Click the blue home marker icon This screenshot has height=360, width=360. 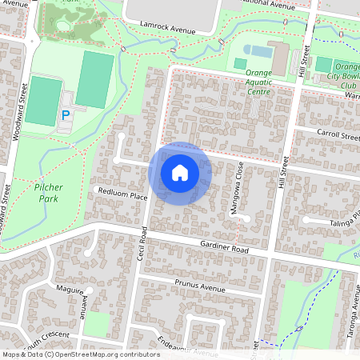click(180, 172)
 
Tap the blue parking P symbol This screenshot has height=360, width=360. click(66, 115)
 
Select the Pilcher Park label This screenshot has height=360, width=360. click(50, 191)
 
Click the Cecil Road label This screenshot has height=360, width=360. click(143, 243)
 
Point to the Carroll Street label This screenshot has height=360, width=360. click(338, 137)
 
